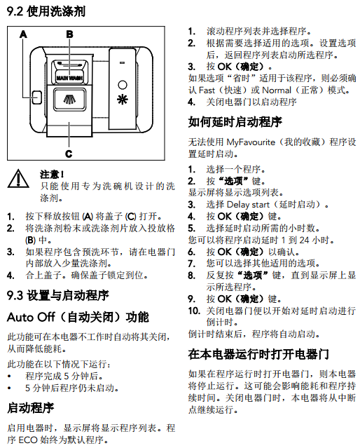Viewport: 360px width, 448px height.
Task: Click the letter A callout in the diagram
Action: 23,34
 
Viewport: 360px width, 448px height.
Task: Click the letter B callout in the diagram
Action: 69,34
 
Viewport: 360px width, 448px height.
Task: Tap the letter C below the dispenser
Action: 69,154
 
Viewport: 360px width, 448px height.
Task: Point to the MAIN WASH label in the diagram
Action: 69,78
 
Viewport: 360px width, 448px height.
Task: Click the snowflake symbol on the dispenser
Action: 122,99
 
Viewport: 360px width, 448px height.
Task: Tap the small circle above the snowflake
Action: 122,85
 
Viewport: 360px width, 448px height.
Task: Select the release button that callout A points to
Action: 36,97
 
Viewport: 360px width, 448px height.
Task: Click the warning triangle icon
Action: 18,179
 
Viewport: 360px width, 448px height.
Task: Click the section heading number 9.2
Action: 15,11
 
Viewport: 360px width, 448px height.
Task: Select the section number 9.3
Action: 15,295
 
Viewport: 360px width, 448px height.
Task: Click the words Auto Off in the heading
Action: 31,317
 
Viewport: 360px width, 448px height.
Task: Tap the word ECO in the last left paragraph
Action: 28,440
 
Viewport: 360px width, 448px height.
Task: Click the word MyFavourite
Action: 251,142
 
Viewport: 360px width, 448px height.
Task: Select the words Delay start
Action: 248,205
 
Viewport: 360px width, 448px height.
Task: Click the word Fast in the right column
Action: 207,90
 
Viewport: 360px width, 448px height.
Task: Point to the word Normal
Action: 277,90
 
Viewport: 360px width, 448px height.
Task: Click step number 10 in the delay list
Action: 194,311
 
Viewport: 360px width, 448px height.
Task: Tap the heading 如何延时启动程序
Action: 235,122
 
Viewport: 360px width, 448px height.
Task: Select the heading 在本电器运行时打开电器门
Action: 258,354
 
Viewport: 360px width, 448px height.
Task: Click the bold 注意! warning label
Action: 52,175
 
